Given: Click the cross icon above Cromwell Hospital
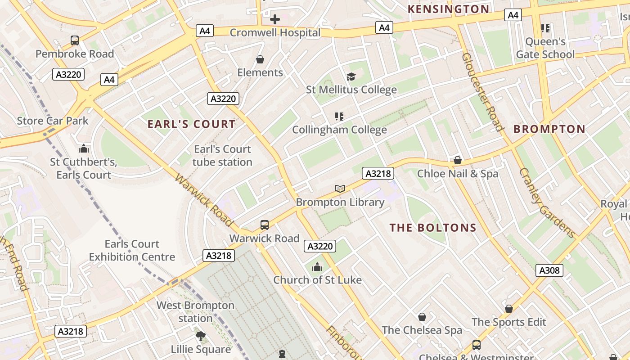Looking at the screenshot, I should [274, 19].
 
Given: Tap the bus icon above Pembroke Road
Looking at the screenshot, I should [75, 40].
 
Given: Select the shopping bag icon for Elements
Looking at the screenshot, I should [260, 59].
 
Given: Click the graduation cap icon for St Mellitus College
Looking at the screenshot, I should [351, 76].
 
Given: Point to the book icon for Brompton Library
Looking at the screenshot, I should [340, 189].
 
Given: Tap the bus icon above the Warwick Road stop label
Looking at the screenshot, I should [265, 225].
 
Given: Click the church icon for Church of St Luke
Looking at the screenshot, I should [317, 267].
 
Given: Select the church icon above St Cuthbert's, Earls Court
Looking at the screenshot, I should [83, 148].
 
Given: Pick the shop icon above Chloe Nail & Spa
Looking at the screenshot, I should [458, 160].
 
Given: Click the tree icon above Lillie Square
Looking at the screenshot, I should [201, 336].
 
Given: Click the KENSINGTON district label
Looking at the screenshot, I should [448, 9].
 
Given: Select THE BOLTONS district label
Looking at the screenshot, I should [433, 228].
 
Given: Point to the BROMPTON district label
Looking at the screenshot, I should [549, 129].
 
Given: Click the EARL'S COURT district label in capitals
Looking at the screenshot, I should [192, 124].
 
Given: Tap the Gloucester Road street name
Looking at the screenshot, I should [482, 92].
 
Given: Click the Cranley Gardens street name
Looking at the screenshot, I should [547, 202].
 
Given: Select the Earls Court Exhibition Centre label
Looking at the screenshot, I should [132, 250].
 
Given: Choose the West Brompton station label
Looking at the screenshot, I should [195, 311].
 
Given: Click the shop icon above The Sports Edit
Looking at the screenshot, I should [509, 309].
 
